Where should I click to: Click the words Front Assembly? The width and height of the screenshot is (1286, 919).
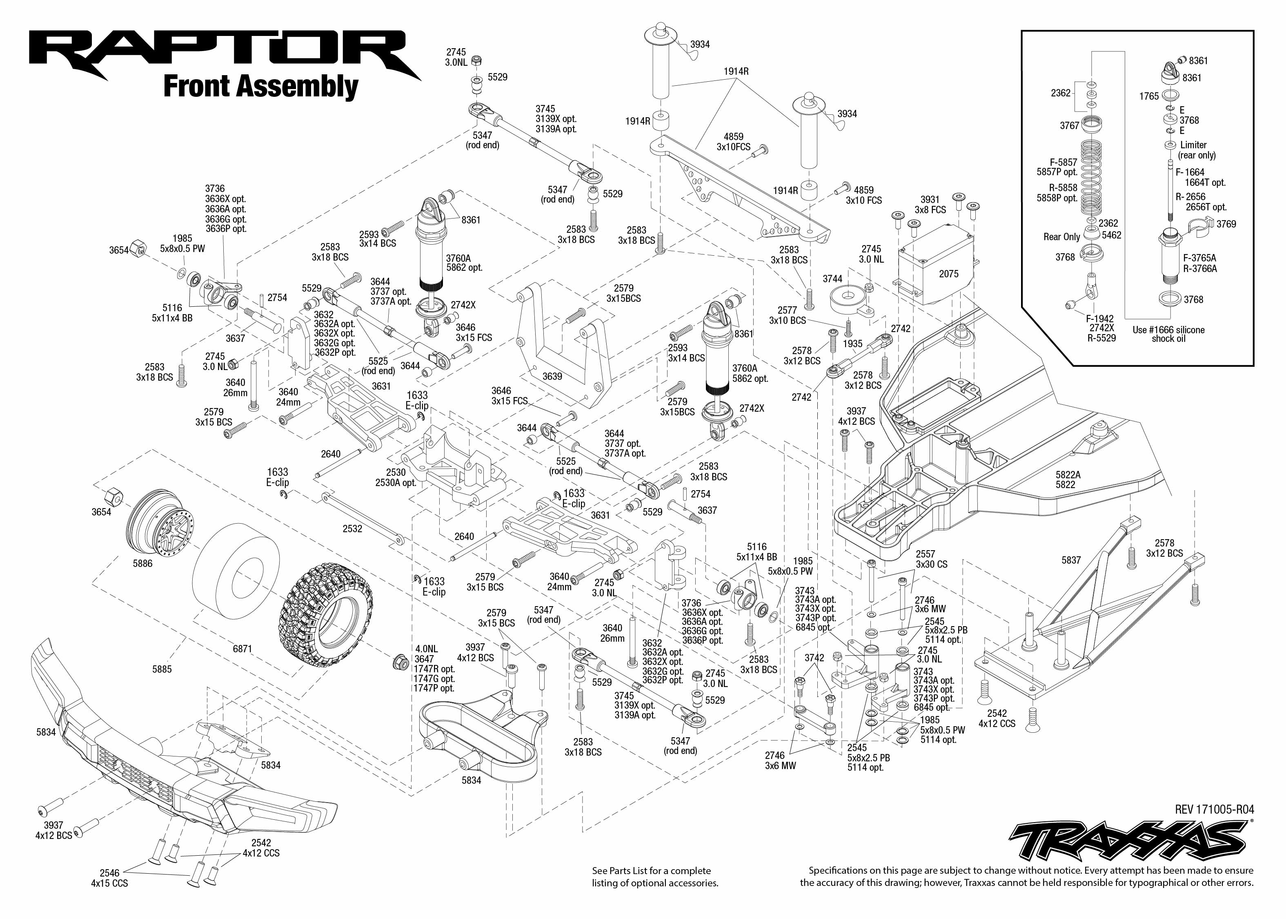(261, 87)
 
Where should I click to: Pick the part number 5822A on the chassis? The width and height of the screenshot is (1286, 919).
(1068, 475)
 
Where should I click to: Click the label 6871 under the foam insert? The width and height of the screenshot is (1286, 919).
(242, 649)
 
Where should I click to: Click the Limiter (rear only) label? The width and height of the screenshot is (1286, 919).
(1197, 150)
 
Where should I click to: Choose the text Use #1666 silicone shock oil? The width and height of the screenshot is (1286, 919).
(1168, 334)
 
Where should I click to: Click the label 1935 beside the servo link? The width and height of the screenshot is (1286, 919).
(853, 344)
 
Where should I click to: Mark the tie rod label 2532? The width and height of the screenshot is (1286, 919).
(352, 529)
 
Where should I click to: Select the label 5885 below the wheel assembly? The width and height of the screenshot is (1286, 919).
(162, 669)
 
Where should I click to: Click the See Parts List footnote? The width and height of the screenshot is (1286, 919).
(655, 877)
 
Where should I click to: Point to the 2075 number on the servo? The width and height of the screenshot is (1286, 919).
(949, 274)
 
